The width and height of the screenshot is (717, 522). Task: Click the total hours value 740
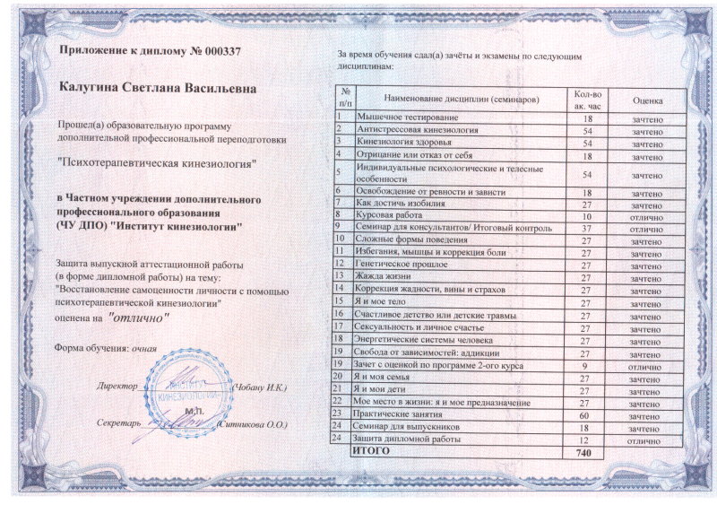coord(587,453)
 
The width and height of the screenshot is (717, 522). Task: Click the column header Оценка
coord(646,99)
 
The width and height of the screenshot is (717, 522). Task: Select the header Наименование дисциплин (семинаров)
coord(460,97)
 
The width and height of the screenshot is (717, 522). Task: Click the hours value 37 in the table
coord(587,228)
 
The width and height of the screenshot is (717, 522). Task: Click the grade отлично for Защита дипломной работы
coord(646,440)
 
